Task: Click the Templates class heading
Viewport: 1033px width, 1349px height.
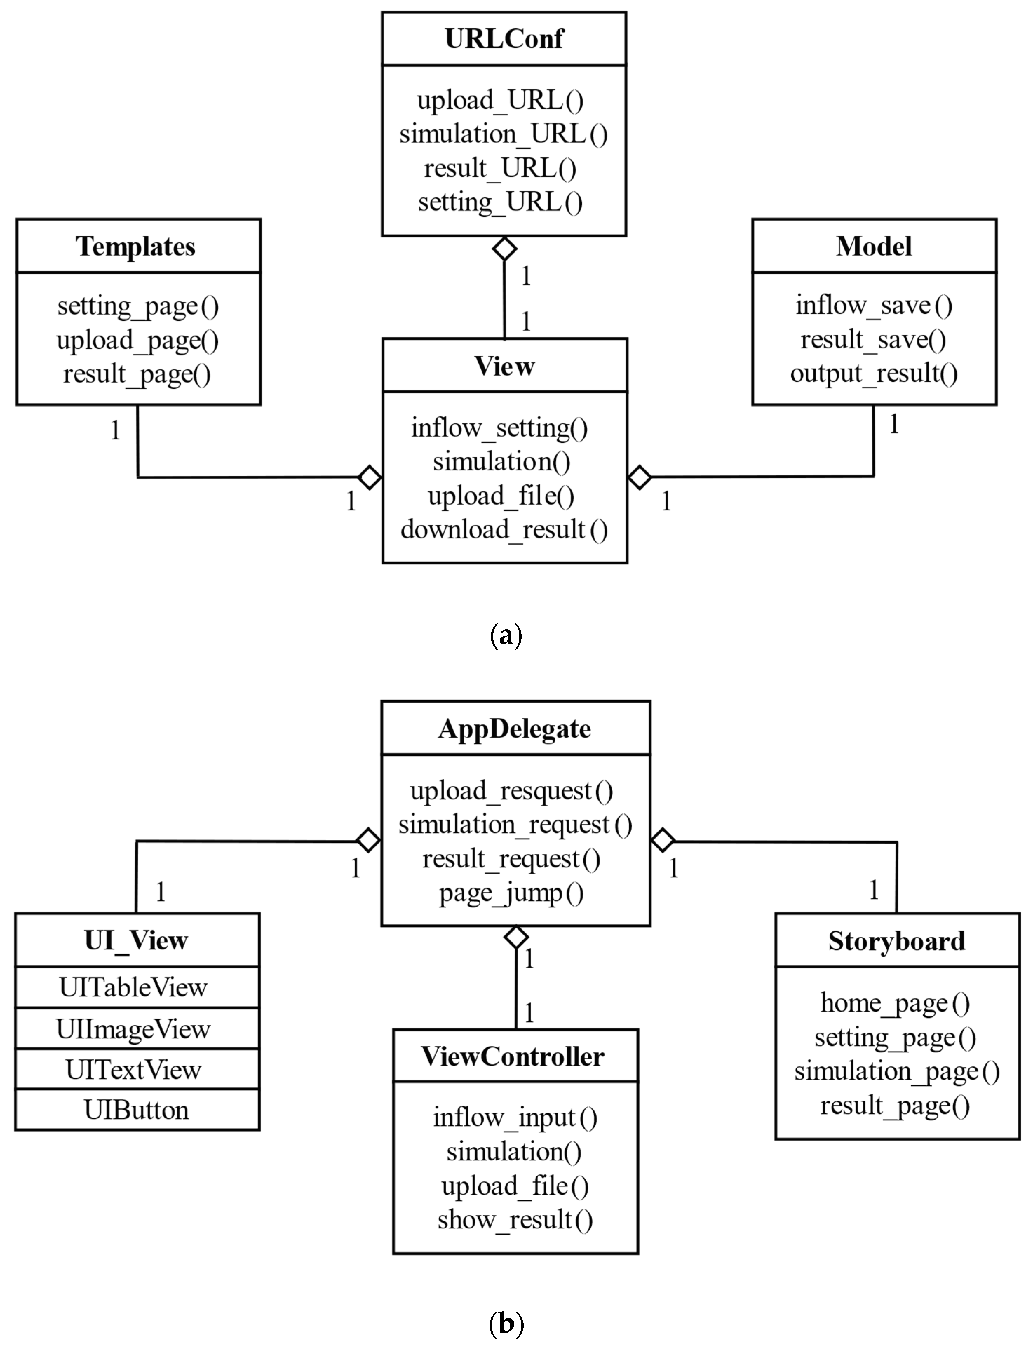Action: tap(136, 246)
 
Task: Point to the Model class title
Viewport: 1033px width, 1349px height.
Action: tap(874, 246)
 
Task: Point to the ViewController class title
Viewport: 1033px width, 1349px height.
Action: tap(513, 1056)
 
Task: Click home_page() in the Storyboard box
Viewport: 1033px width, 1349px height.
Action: tap(895, 1003)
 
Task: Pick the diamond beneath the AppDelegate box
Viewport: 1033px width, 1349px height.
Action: tap(516, 938)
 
